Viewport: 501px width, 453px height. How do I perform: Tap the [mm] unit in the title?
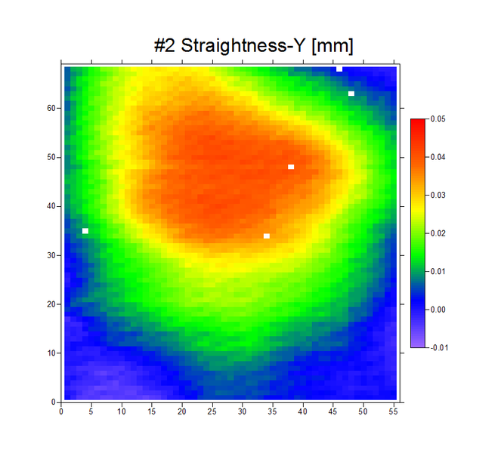point(332,46)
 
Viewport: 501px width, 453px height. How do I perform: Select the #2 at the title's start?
point(165,46)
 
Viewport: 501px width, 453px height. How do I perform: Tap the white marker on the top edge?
point(339,69)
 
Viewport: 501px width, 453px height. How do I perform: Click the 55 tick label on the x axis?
point(394,412)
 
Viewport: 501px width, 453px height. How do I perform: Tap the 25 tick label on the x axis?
point(212,412)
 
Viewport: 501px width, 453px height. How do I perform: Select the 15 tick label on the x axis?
point(152,412)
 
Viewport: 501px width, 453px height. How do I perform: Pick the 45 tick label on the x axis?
point(333,412)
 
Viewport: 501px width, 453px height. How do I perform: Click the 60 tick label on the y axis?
point(51,108)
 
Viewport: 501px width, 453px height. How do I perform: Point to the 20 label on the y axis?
point(51,304)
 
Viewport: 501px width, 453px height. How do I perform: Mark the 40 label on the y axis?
point(51,206)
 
